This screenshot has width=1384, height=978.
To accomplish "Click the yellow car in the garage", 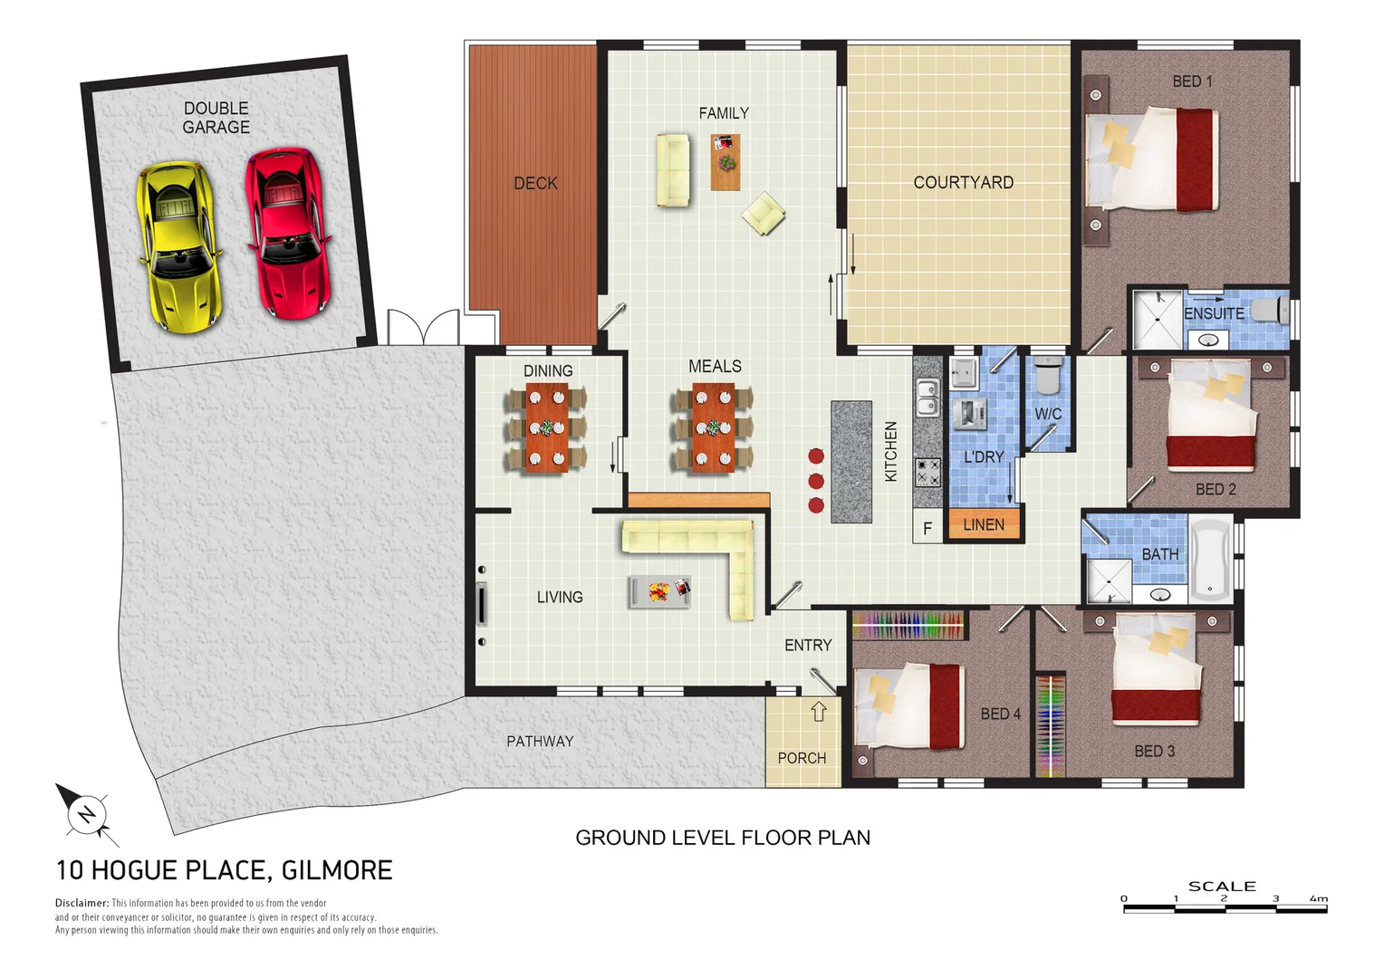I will click(x=179, y=246).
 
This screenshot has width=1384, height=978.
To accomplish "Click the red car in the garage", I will click(x=288, y=234).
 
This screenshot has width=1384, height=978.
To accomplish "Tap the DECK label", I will click(x=535, y=184).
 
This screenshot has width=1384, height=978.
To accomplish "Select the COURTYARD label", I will click(x=963, y=183).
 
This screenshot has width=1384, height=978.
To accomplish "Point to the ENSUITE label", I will click(x=1214, y=313).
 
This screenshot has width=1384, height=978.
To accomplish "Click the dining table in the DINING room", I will click(x=547, y=427).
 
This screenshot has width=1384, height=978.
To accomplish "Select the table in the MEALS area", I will click(x=713, y=427).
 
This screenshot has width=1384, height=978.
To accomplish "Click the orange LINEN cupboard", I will click(x=984, y=525).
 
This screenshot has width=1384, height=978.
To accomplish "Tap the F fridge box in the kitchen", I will click(x=927, y=528).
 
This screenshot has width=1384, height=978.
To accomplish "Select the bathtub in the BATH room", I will click(x=1211, y=561).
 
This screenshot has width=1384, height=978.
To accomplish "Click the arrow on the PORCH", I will click(x=819, y=711).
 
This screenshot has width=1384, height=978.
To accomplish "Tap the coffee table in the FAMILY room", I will click(x=726, y=162).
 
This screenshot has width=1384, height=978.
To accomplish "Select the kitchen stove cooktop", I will click(x=927, y=472).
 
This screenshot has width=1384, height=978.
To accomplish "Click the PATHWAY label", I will click(x=540, y=742).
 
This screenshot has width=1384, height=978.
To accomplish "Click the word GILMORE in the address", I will click(x=337, y=870).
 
